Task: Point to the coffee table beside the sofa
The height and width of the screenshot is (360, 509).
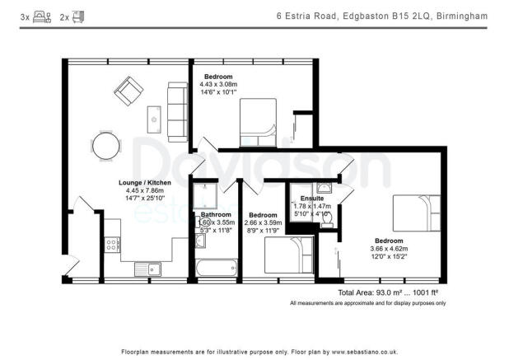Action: pos(154,119)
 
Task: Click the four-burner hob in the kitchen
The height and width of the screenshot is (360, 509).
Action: pos(111,245)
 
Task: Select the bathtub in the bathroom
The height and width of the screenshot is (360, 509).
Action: pos(213,268)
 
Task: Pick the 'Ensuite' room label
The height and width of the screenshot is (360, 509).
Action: pos(312,199)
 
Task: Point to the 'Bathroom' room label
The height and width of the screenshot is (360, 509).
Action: pos(216,215)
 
